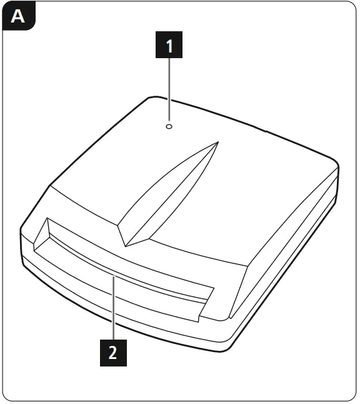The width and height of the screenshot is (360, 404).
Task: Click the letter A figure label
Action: coord(18,17)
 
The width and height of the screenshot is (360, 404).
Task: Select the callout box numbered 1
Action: coord(169,47)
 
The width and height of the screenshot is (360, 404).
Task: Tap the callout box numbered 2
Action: coord(113,352)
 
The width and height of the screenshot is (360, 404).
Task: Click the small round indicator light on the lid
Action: coord(169,126)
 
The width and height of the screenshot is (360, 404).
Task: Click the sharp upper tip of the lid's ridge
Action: coord(217,141)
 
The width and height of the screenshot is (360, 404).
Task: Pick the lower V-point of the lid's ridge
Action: coord(127,245)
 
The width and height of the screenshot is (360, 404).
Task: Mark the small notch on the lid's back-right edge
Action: coord(265,132)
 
